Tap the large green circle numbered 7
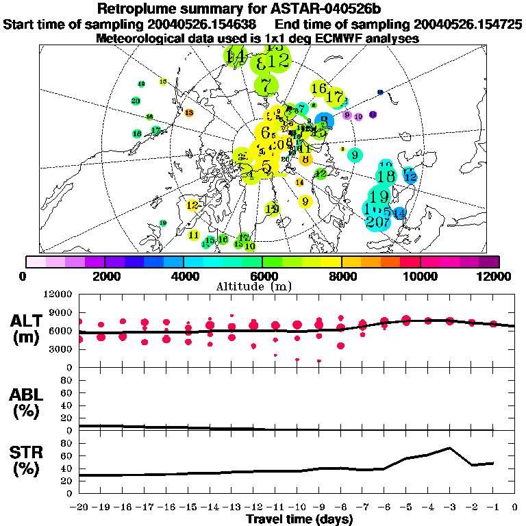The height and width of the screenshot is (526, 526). click(x=266, y=86)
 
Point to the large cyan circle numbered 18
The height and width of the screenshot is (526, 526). click(x=386, y=175)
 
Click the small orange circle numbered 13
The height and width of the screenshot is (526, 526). click(x=189, y=112)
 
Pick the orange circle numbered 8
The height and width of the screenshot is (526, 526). click(x=305, y=159)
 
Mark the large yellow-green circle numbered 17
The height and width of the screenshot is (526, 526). click(x=335, y=97)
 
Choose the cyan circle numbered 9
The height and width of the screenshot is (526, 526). click(x=354, y=155)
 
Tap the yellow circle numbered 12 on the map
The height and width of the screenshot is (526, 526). click(x=192, y=205)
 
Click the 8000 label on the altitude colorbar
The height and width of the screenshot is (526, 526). click(x=341, y=276)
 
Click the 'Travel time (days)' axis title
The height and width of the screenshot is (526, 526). click(x=299, y=520)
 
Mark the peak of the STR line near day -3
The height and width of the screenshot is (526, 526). click(x=449, y=448)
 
